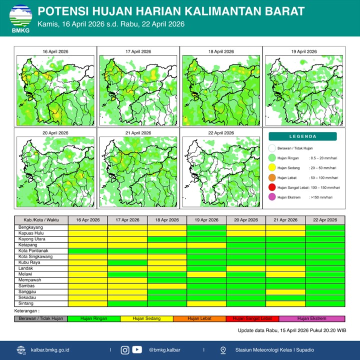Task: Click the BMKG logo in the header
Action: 20,18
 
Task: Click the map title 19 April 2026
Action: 303,51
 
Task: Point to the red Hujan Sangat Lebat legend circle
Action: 271,187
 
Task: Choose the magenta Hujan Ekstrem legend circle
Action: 271,197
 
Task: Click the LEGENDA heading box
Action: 302,136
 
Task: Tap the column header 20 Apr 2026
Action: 246,220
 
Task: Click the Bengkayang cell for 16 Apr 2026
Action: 87,227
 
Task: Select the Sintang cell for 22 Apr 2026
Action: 325,303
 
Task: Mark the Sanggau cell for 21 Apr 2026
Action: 285,291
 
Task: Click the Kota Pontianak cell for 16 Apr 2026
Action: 87,250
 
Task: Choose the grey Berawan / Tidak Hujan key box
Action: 40,318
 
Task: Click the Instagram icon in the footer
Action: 125,350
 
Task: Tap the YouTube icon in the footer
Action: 137,350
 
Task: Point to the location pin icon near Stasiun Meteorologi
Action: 223,350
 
